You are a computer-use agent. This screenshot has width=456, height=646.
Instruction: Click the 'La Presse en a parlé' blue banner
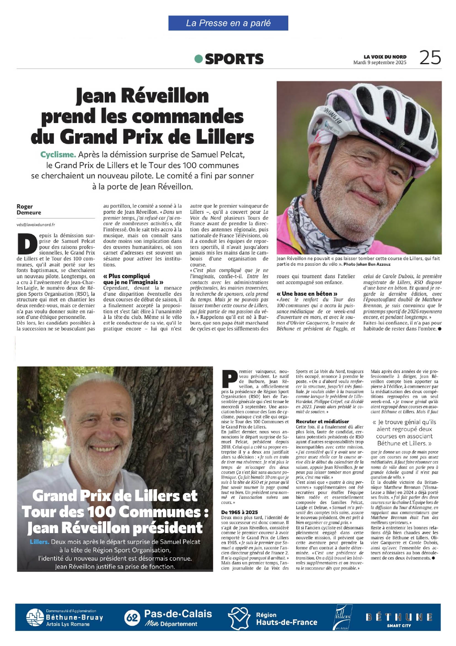pyautogui.click(x=228, y=23)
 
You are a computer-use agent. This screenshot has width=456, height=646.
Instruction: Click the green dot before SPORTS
pyautogui.click(x=199, y=59)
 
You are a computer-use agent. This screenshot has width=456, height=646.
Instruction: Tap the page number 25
pyautogui.click(x=430, y=58)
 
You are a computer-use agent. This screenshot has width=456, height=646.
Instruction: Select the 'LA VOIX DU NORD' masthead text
pyautogui.click(x=385, y=57)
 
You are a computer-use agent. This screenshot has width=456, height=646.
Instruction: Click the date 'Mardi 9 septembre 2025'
pyautogui.click(x=380, y=63)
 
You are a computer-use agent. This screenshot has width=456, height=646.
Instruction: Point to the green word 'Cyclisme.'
pyautogui.click(x=58, y=155)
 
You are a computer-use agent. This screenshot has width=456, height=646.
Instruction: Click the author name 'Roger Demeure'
pyautogui.click(x=29, y=209)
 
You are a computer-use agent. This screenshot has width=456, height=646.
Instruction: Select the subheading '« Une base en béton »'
pyautogui.click(x=307, y=294)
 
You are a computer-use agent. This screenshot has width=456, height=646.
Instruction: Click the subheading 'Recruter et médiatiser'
pyautogui.click(x=322, y=421)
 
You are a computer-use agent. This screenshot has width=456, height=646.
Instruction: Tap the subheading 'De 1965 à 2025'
pyautogui.click(x=239, y=512)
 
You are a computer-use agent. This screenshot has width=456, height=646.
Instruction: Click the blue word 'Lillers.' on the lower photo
pyautogui.click(x=39, y=542)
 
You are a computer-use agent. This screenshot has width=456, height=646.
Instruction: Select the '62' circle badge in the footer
pyautogui.click(x=132, y=618)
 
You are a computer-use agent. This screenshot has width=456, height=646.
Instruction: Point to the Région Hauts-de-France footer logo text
pyautogui.click(x=286, y=619)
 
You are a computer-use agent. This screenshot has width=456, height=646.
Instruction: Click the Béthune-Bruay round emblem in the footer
pyautogui.click(x=35, y=618)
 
